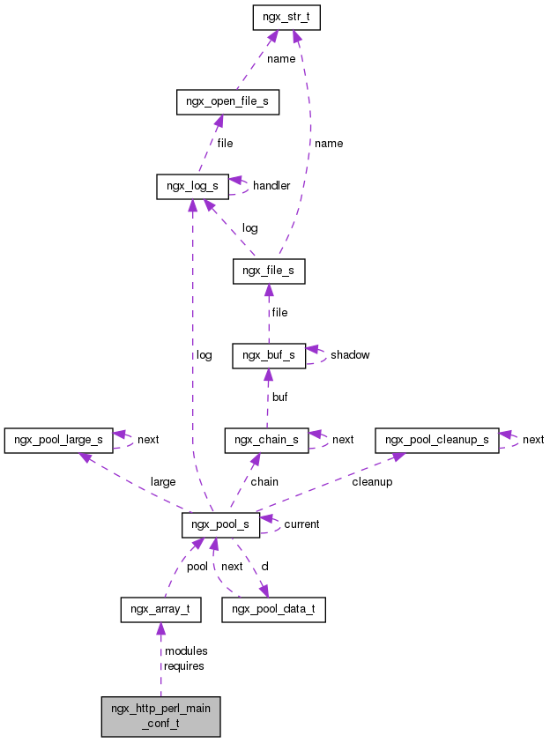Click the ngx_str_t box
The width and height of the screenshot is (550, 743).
tap(285, 18)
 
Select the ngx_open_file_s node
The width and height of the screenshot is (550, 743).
tap(227, 102)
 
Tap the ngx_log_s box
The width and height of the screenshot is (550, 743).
tap(192, 186)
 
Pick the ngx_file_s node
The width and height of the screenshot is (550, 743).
tap(269, 271)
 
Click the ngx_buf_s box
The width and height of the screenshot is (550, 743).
tap(269, 355)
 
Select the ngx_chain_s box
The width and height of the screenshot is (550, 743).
tap(266, 439)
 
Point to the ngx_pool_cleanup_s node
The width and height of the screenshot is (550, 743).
tap(437, 439)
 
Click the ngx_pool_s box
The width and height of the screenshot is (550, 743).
tap(220, 524)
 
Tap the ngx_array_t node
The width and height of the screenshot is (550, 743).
tap(160, 609)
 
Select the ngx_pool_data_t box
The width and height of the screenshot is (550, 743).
tap(273, 609)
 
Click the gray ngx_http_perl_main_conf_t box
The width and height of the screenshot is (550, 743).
tap(160, 716)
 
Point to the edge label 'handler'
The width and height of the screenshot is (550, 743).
tap(271, 186)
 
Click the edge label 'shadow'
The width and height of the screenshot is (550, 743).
tap(350, 355)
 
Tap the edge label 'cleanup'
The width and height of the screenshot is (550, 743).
tap(372, 482)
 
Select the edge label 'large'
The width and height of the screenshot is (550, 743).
tap(163, 482)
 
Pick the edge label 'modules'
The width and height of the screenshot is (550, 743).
tap(186, 651)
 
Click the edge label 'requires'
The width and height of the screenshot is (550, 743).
tap(184, 666)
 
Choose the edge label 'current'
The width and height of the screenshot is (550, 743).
tap(301, 524)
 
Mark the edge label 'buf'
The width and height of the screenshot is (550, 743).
tap(279, 398)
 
